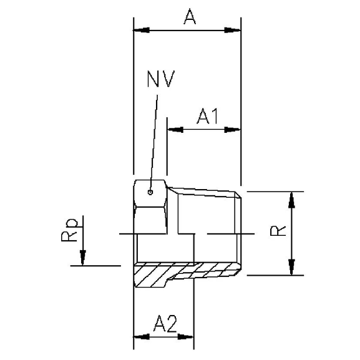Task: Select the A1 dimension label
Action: pos(207,117)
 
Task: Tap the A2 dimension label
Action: pos(165,324)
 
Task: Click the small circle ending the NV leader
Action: pos(150,192)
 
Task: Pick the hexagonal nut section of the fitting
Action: pos(150,206)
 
